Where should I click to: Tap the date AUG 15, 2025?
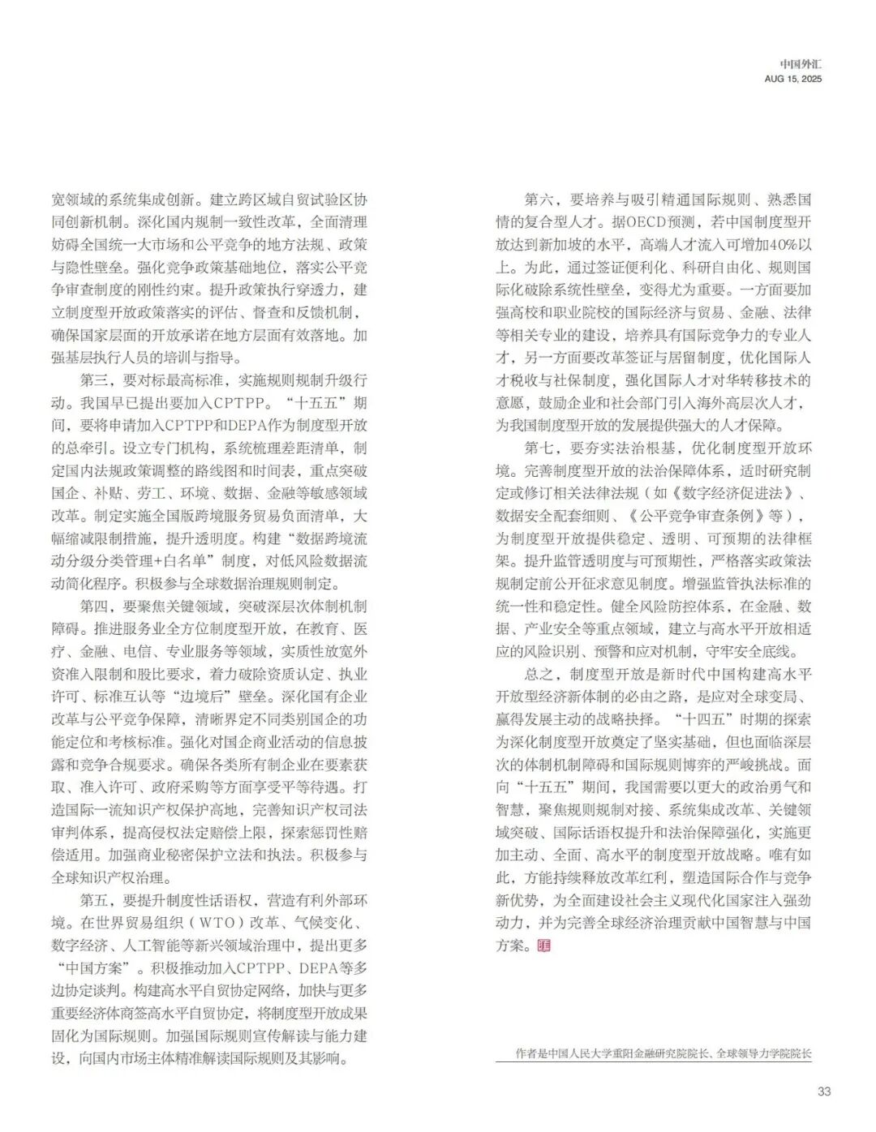pos(792,79)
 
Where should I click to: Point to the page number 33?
pos(823,1091)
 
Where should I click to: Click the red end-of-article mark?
pos(543,945)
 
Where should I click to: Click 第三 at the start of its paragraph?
pos(94,379)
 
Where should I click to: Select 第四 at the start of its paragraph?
pos(94,606)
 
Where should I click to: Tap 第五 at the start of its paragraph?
pos(94,900)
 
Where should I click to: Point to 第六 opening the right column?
pos(538,199)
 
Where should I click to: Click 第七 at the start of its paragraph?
pos(538,448)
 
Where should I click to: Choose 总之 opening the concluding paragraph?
pos(538,674)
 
